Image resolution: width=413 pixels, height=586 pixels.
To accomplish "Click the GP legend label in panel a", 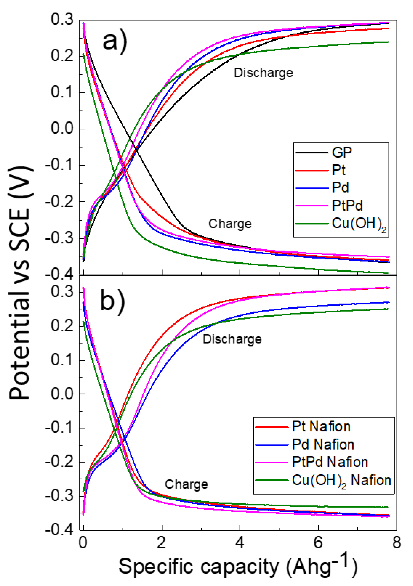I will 342,152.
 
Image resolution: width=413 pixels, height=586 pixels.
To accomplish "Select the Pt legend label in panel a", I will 339,170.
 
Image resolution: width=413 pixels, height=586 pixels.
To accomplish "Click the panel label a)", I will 115,42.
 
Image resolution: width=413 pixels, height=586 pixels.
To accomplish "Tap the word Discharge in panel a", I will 263,73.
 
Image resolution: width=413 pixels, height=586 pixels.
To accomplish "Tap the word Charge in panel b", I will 186,484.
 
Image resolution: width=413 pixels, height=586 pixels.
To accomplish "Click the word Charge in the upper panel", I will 230,224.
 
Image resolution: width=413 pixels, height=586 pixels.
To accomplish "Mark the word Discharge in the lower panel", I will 232,339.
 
